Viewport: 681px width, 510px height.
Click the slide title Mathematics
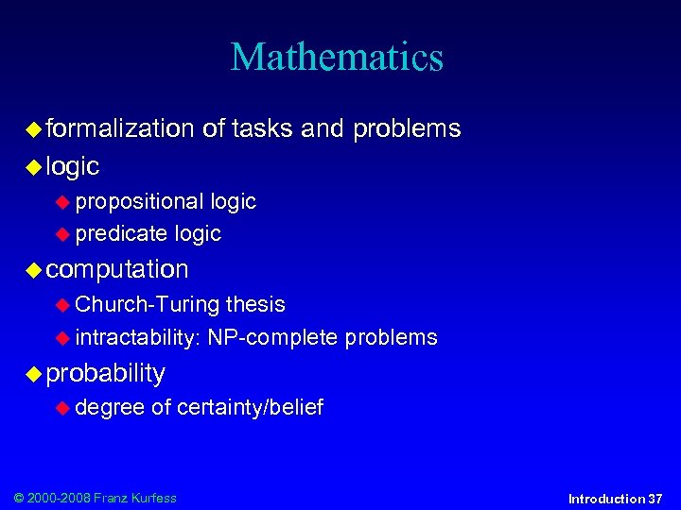tap(337, 57)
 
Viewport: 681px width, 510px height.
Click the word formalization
tap(120, 128)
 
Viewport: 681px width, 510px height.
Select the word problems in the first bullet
tap(407, 128)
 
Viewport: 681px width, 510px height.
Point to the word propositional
tap(139, 201)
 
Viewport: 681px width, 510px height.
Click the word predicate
tap(121, 233)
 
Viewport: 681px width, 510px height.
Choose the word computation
tap(117, 269)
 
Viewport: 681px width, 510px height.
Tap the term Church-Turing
tap(147, 304)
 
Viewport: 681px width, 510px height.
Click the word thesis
tap(255, 304)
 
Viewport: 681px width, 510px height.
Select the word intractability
tap(136, 337)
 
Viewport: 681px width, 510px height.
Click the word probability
tap(106, 373)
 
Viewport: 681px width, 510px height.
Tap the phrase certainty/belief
tap(250, 408)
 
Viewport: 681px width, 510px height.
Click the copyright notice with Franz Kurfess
tap(94, 498)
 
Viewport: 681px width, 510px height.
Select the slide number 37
tap(655, 499)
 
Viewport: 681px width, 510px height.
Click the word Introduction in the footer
tap(606, 499)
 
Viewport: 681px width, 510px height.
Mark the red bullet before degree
tap(63, 409)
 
